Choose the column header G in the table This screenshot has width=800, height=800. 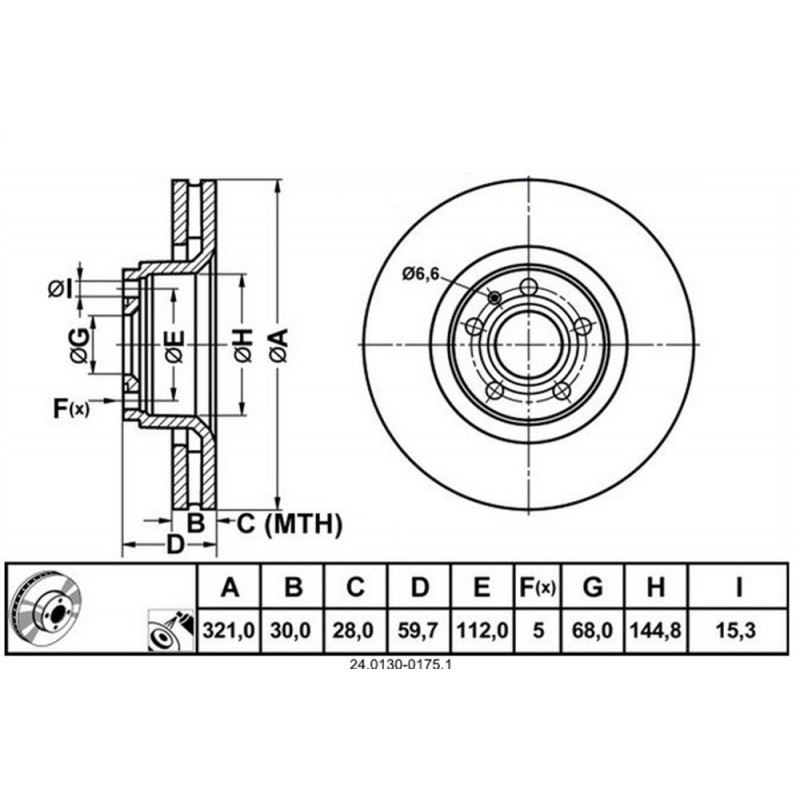pos(593,588)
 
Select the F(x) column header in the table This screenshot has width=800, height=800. pos(539,588)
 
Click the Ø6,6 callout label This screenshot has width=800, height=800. pos(421,274)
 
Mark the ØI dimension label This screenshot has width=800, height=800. pos(62,289)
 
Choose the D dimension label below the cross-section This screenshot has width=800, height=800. pos(174,546)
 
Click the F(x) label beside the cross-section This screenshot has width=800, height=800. pos(71,407)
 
